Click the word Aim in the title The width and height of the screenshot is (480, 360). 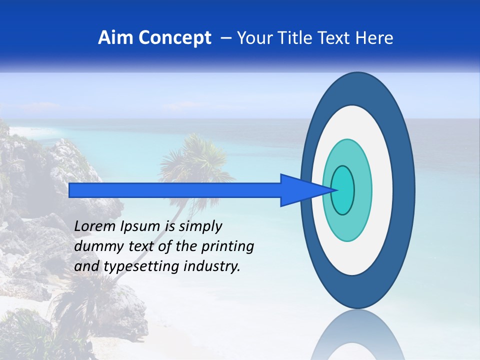(x=116, y=38)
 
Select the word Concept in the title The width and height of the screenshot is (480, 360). (x=175, y=38)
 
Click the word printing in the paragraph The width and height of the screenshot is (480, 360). (x=229, y=247)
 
